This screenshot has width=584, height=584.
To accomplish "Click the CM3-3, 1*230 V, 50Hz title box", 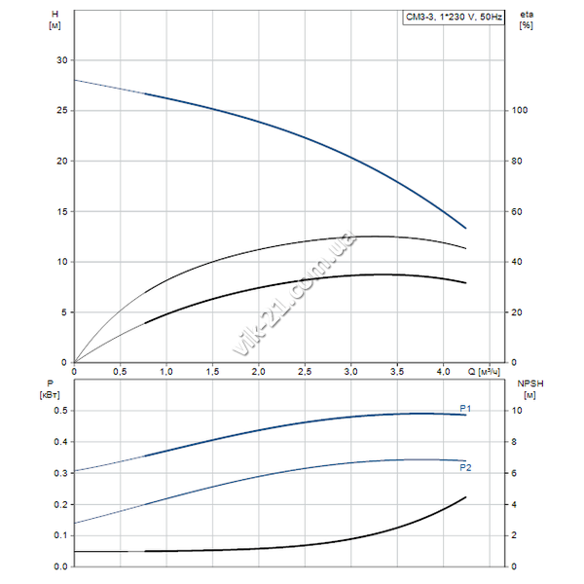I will pyautogui.click(x=453, y=18).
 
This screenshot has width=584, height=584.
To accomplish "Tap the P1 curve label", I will pyautogui.click(x=465, y=408).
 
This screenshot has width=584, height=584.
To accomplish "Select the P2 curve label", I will pyautogui.click(x=465, y=468).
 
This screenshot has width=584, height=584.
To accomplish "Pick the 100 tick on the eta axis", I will pyautogui.click(x=520, y=111).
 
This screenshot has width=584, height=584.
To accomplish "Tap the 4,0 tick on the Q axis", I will pyautogui.click(x=443, y=372).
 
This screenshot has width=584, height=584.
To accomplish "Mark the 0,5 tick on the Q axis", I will pyautogui.click(x=121, y=372).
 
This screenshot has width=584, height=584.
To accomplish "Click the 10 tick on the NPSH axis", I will pyautogui.click(x=518, y=411).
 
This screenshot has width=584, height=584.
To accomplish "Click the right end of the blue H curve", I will pyautogui.click(x=466, y=228).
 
